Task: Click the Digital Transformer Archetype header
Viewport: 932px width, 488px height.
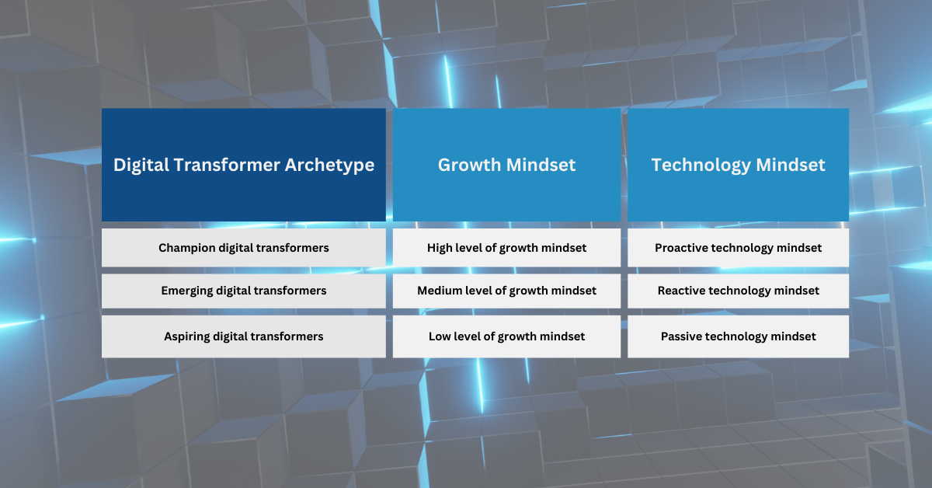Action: [x=244, y=165]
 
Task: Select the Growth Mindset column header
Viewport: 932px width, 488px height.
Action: [x=506, y=165]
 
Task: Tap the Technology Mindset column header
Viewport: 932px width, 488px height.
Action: [x=738, y=165]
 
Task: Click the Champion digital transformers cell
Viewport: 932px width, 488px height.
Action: [x=244, y=248]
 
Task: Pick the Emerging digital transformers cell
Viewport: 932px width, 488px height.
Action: [x=244, y=291]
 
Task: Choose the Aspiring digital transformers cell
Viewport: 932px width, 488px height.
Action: [x=244, y=336]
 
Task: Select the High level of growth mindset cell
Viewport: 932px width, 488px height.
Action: [x=506, y=248]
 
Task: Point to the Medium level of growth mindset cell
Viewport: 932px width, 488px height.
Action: [x=506, y=291]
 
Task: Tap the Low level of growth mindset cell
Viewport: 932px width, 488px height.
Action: [x=506, y=336]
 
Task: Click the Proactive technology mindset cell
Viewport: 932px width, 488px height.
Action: [x=738, y=248]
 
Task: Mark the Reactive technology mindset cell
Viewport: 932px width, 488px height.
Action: [x=738, y=291]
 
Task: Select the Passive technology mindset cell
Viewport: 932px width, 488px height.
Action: [x=738, y=336]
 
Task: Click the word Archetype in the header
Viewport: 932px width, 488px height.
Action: [x=329, y=166]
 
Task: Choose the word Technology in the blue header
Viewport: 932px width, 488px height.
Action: [x=701, y=166]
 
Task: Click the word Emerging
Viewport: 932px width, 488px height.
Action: [x=187, y=291]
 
